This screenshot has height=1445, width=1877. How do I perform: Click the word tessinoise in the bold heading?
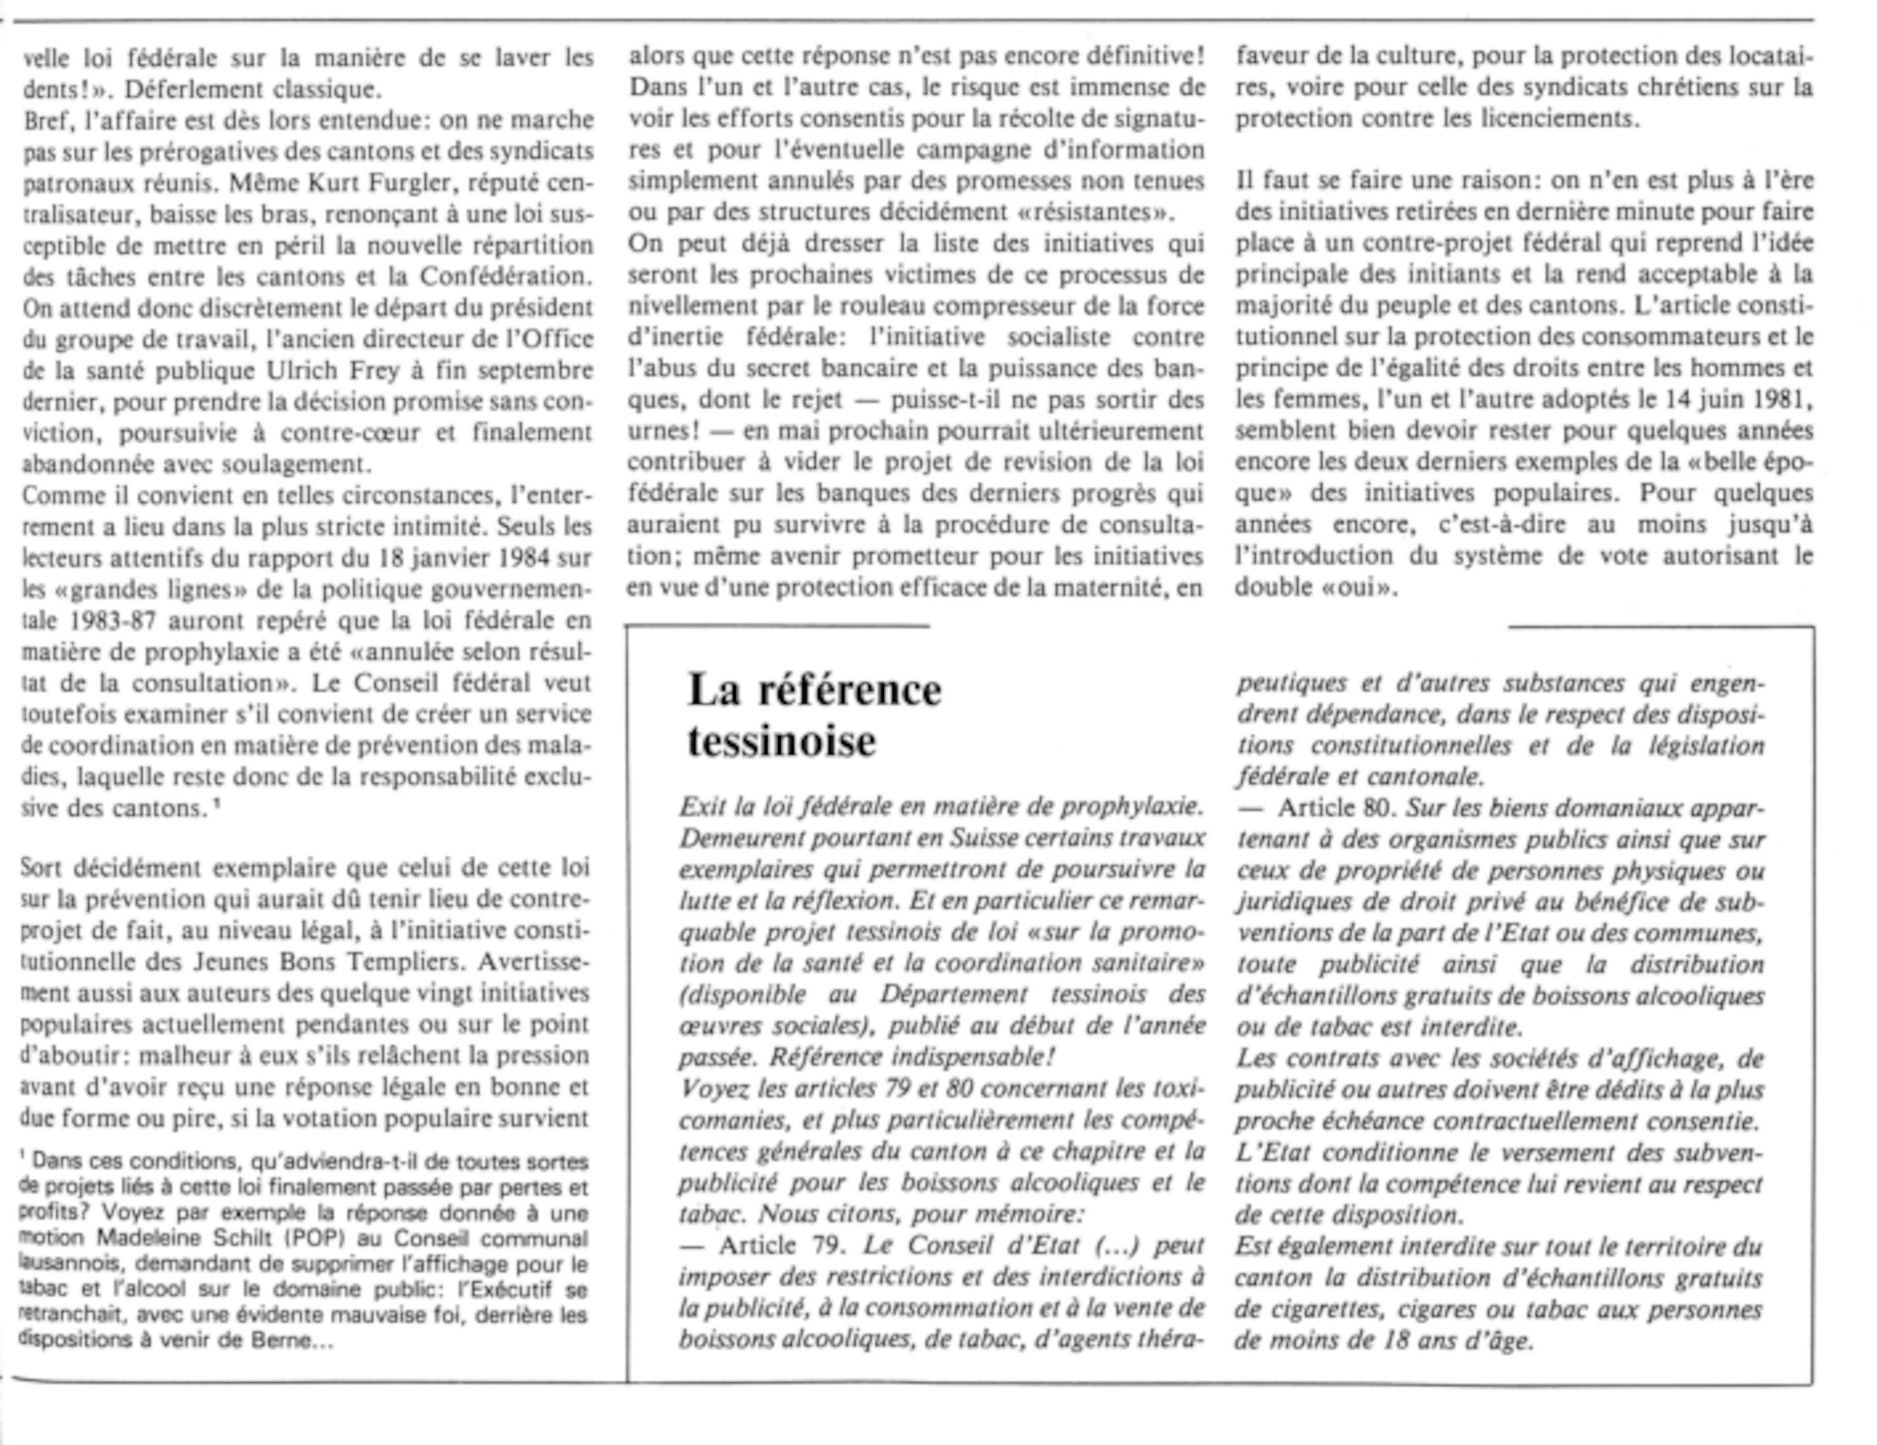click(781, 741)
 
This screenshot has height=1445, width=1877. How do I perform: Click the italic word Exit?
click(700, 806)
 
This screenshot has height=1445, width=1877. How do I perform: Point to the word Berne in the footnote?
click(284, 1341)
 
